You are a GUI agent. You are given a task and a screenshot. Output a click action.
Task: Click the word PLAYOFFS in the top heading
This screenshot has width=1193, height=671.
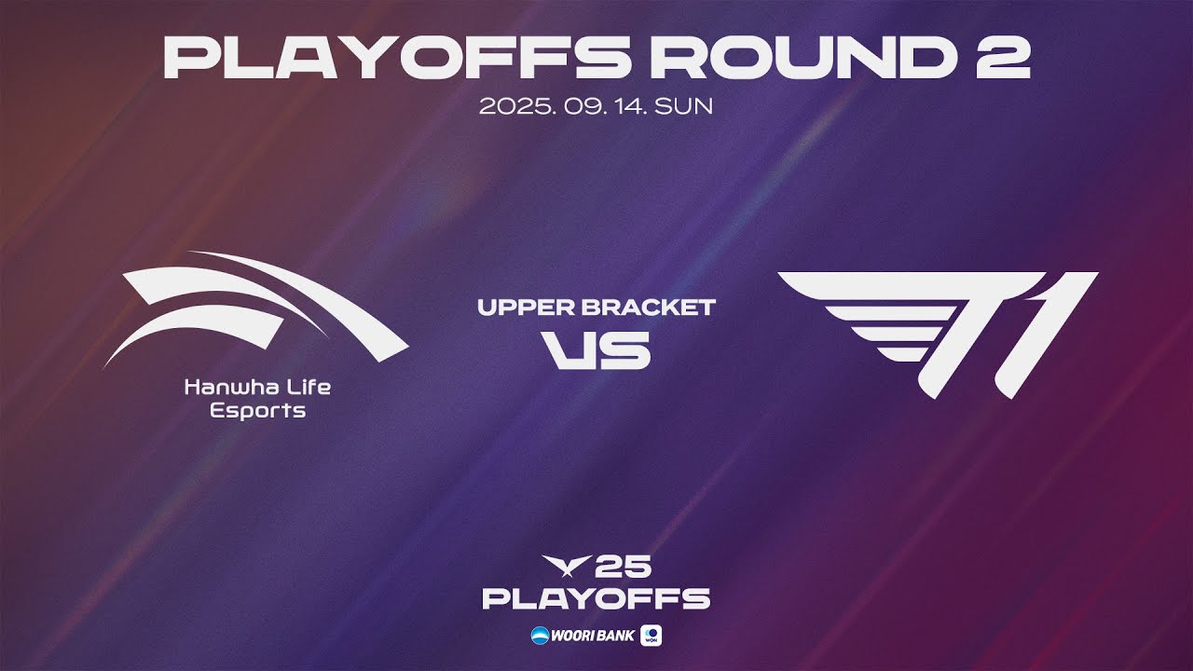397,58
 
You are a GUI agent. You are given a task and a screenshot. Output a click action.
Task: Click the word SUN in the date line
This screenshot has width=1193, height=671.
683,106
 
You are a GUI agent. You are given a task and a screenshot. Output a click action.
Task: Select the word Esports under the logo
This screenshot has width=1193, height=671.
258,411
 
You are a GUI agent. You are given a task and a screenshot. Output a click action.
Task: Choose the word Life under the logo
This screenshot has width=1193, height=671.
309,387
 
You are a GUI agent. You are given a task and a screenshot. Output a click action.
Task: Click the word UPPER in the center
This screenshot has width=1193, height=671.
525,308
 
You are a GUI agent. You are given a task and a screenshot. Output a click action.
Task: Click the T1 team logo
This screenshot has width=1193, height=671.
938,335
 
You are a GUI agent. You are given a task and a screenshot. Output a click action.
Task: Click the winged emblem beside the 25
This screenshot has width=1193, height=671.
567,566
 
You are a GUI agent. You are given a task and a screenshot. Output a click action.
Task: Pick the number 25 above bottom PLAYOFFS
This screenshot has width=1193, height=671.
624,566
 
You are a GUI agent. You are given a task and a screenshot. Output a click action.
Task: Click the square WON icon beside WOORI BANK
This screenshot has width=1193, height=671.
651,636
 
